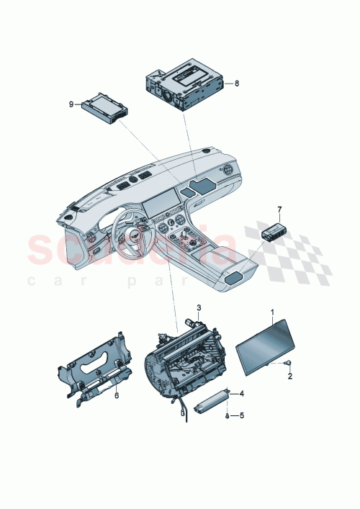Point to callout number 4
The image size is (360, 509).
click(242, 393)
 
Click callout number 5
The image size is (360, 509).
click(242, 415)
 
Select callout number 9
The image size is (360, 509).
click(71, 104)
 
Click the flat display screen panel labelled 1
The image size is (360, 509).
click(268, 343)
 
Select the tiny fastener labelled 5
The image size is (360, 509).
click(228, 416)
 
